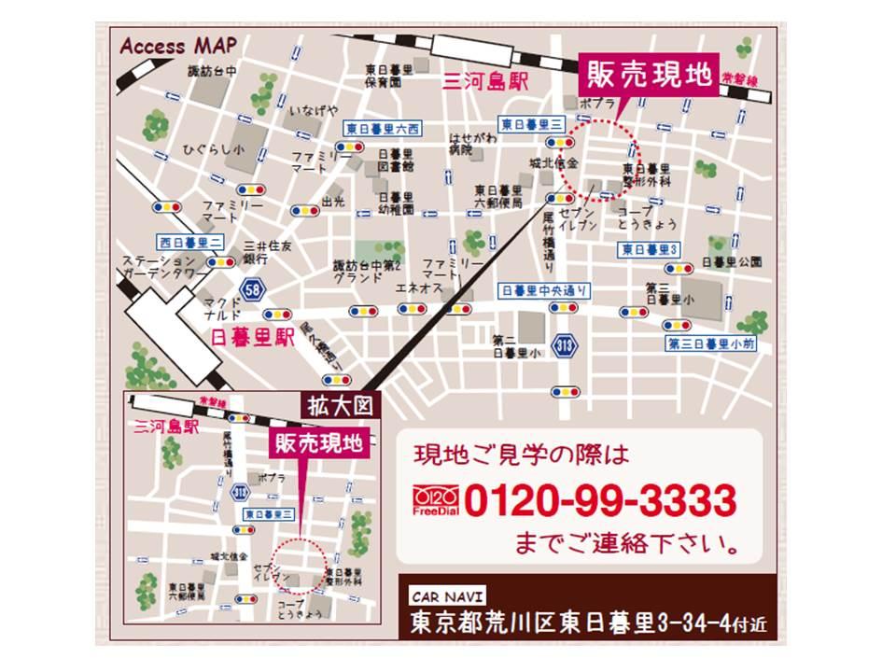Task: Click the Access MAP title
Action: (178, 44)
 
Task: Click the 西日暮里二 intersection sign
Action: (189, 241)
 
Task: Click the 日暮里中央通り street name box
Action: (544, 291)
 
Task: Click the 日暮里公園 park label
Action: (734, 261)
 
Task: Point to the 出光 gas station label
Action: (332, 200)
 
